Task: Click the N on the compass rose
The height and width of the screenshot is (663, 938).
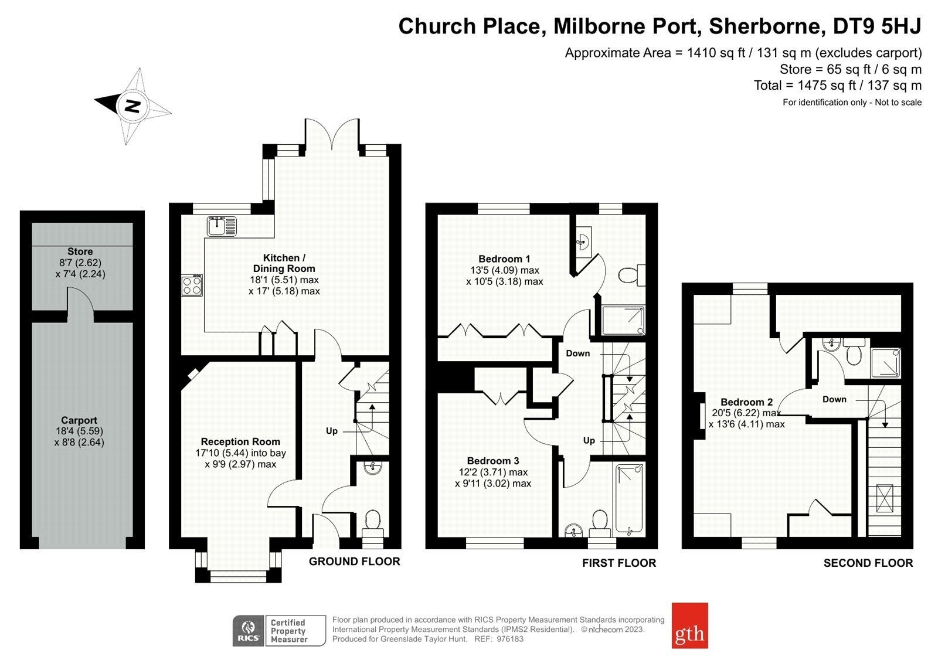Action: click(x=132, y=106)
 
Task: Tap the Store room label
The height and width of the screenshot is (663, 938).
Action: click(x=80, y=251)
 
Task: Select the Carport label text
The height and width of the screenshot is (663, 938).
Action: click(x=79, y=420)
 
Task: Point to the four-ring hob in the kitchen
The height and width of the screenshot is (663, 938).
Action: click(x=192, y=285)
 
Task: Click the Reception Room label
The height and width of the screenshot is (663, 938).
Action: click(x=240, y=441)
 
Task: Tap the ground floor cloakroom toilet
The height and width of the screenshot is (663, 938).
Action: click(x=372, y=523)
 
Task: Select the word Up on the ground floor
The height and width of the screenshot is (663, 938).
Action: click(x=332, y=431)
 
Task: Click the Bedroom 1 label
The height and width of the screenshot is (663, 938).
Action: click(x=504, y=259)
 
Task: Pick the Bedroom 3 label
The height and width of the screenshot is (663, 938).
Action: click(x=493, y=461)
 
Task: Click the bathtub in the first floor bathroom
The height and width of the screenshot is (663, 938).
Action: click(x=629, y=499)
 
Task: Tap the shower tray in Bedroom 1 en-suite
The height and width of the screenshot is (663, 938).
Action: click(x=623, y=321)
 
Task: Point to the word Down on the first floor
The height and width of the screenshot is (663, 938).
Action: click(x=578, y=353)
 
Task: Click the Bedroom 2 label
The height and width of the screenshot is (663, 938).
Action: click(x=747, y=402)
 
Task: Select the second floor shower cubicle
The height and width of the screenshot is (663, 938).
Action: click(x=886, y=362)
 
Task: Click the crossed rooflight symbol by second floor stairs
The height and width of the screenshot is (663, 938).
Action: click(x=885, y=498)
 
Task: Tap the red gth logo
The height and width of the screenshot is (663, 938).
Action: click(x=689, y=625)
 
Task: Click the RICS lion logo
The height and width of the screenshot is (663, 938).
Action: click(x=249, y=631)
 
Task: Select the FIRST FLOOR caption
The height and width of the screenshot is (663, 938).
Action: click(x=619, y=563)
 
